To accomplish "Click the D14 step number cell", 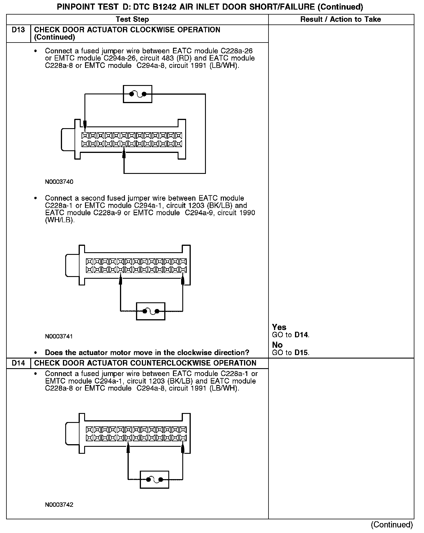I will pyautogui.click(x=18, y=363).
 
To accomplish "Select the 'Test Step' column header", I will pyautogui.click(x=132, y=20).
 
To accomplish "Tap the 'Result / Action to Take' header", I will pyautogui.click(x=340, y=20).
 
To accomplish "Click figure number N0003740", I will pyautogui.click(x=59, y=182).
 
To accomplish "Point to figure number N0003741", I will pyautogui.click(x=59, y=337).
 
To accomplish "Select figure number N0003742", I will pyautogui.click(x=59, y=505).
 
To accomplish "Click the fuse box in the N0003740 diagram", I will pyautogui.click(x=137, y=94).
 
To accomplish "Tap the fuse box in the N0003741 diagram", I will pyautogui.click(x=151, y=311).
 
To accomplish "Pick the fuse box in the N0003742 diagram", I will pyautogui.click(x=154, y=479).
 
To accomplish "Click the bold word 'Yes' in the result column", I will pyautogui.click(x=279, y=327).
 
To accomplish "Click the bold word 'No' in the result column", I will pyautogui.click(x=277, y=345).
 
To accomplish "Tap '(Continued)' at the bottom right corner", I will pyautogui.click(x=392, y=525).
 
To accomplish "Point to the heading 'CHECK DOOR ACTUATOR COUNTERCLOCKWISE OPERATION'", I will pyautogui.click(x=145, y=363).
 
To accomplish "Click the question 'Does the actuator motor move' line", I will pyautogui.click(x=147, y=353).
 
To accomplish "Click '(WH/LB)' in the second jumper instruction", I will pyautogui.click(x=60, y=220).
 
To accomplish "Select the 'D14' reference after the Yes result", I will pyautogui.click(x=301, y=335).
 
